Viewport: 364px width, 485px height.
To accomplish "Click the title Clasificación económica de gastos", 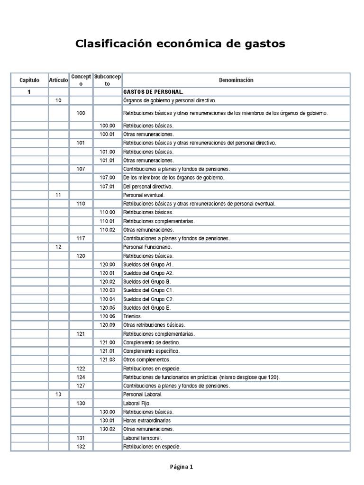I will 181,44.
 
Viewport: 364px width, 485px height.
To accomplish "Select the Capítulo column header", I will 29,80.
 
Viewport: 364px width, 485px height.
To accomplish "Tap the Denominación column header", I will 236,80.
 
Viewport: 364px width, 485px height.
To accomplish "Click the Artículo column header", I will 58,80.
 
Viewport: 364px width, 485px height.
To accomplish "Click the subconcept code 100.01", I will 107,135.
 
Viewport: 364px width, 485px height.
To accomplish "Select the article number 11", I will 58,195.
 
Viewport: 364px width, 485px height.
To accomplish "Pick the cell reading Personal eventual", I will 144,195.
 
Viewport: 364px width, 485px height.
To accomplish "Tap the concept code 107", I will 81,169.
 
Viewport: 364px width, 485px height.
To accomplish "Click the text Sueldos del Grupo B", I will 147,281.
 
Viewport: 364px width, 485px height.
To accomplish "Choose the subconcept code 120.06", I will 107,316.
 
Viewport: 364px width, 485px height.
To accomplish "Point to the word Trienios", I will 133,316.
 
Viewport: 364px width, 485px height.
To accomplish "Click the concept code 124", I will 81,377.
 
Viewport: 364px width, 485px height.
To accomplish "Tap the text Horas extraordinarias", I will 147,420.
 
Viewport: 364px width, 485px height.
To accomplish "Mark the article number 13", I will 58,394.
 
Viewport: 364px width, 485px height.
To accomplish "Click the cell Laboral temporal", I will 143,438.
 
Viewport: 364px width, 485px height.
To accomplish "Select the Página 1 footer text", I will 182,467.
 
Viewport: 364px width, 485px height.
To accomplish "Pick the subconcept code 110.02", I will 107,230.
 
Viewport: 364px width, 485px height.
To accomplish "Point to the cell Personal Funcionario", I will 147,247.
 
